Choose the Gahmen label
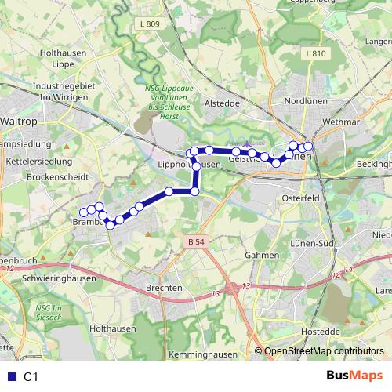pyautogui.click(x=262, y=255)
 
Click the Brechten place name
pyautogui.click(x=165, y=288)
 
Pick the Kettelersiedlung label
pyautogui.click(x=39, y=162)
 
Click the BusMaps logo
pyautogui.click(x=354, y=376)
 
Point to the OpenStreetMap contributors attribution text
pyautogui.click(x=323, y=351)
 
